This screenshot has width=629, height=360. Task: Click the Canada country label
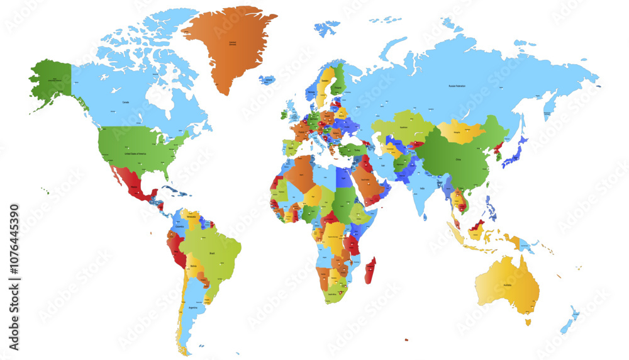(x=125, y=101)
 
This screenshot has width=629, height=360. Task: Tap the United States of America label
(x=135, y=154)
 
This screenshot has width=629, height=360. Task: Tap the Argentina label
(x=193, y=308)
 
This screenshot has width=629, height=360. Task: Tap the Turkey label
(x=356, y=150)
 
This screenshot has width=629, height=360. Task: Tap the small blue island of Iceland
(x=268, y=81)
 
